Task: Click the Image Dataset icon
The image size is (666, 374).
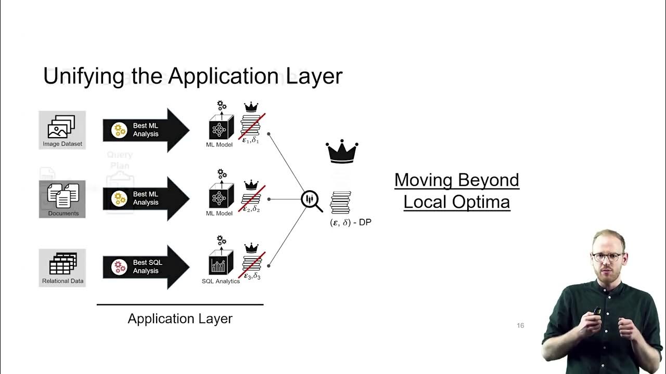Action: click(62, 127)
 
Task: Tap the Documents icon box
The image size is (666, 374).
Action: click(62, 197)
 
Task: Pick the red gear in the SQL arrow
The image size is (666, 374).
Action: click(120, 267)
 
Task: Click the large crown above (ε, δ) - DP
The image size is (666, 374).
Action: click(342, 152)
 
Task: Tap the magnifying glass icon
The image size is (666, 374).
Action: click(311, 201)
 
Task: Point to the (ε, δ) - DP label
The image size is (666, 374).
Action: click(351, 222)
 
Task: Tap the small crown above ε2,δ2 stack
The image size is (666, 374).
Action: click(251, 185)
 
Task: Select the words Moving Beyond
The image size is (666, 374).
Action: click(456, 180)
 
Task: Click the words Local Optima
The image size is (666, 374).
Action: click(456, 202)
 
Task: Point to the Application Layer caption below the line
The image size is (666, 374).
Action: click(180, 318)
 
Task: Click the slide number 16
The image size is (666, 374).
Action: click(520, 326)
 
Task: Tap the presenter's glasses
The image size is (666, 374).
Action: click(606, 257)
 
